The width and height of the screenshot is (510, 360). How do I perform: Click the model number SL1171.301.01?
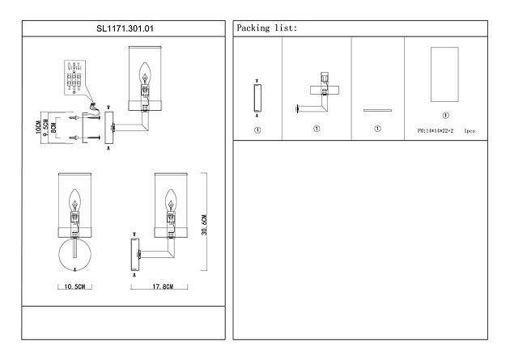pos(125,28)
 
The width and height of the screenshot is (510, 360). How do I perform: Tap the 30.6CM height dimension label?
pos(204,225)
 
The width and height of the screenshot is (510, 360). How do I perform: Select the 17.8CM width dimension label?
pos(163,286)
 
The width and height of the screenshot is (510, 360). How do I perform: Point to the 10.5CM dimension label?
pos(74,286)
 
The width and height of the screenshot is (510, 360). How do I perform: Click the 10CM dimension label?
pos(38,127)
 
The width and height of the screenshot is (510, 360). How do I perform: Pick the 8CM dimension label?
pos(54,127)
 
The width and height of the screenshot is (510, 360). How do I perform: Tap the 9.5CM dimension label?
pos(46,128)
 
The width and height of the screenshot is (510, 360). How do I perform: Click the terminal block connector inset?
pos(74,78)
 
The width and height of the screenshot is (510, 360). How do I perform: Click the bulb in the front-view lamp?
pos(74,200)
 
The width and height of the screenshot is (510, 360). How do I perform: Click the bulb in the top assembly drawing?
pos(145,73)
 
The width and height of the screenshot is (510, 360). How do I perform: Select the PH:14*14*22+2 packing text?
pos(436,131)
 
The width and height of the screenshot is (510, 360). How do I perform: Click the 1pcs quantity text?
pos(470,131)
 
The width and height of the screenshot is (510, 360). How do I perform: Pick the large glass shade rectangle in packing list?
pos(444,74)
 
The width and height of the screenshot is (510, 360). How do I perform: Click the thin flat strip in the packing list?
pos(377,111)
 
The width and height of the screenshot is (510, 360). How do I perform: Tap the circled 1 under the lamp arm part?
pos(317,129)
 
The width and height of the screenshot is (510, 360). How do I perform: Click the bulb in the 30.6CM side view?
pos(171,200)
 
